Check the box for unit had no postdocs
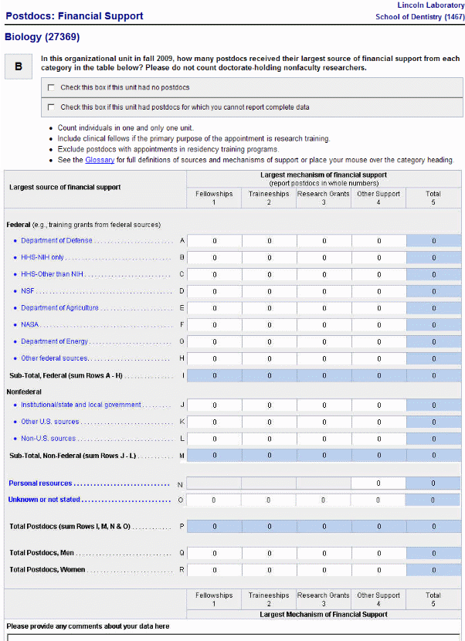[x=51, y=87]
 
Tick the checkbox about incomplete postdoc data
[x=51, y=107]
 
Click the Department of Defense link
[x=56, y=241]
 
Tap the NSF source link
[x=28, y=291]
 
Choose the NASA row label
[x=30, y=324]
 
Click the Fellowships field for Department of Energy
[x=215, y=341]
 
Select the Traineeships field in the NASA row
[x=270, y=324]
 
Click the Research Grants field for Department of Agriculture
[x=324, y=308]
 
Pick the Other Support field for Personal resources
[x=378, y=483]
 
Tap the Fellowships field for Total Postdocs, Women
[x=215, y=570]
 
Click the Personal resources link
[x=40, y=483]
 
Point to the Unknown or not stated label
[x=44, y=500]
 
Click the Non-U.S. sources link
[x=48, y=439]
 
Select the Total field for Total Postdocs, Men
[x=433, y=554]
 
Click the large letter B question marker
[x=19, y=66]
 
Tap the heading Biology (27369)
[x=42, y=37]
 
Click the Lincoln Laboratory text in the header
[x=430, y=5]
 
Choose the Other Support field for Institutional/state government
[x=378, y=405]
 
